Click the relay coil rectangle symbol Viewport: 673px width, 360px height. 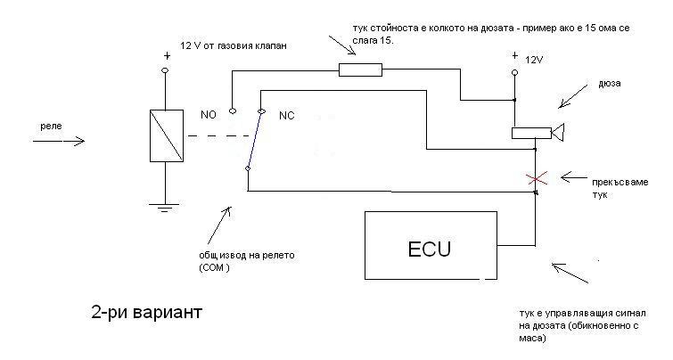(166, 135)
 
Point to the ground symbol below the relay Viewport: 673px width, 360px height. (166, 209)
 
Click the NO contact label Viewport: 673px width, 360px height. (208, 115)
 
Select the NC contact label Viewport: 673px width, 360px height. (287, 116)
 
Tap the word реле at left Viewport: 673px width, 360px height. (51, 127)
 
